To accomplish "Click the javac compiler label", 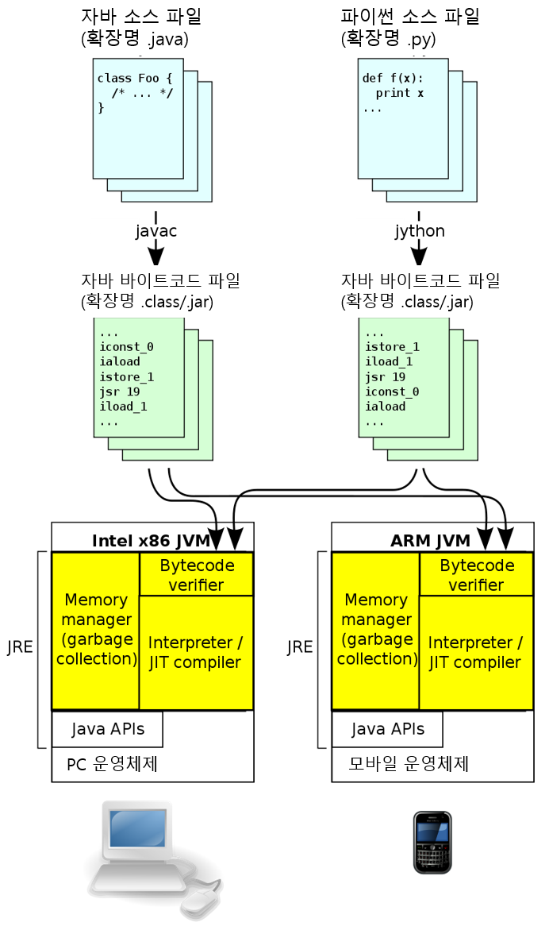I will coord(155,231).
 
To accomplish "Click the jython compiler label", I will coord(417,231).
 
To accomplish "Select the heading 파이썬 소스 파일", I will coord(410,17).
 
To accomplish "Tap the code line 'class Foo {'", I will coord(134,79).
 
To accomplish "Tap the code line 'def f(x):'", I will coord(393,79).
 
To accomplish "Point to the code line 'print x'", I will coord(399,94).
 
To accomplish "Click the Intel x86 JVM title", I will coord(151,541).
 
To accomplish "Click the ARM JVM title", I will coord(430,541).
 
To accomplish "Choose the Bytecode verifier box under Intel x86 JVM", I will coord(197,575).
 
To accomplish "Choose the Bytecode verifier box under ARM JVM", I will coord(477,575).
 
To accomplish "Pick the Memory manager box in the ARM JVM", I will coord(376,629).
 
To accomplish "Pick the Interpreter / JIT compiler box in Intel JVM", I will coord(196,652).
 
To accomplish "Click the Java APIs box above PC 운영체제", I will coord(108,729).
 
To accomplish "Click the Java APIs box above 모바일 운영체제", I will coord(388,729).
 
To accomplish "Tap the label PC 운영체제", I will coord(112,765).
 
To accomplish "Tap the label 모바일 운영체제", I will coord(409,765).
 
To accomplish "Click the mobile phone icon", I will coord(432,842).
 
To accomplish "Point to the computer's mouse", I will coord(201,899).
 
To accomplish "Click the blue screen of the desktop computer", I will coord(137,829).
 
